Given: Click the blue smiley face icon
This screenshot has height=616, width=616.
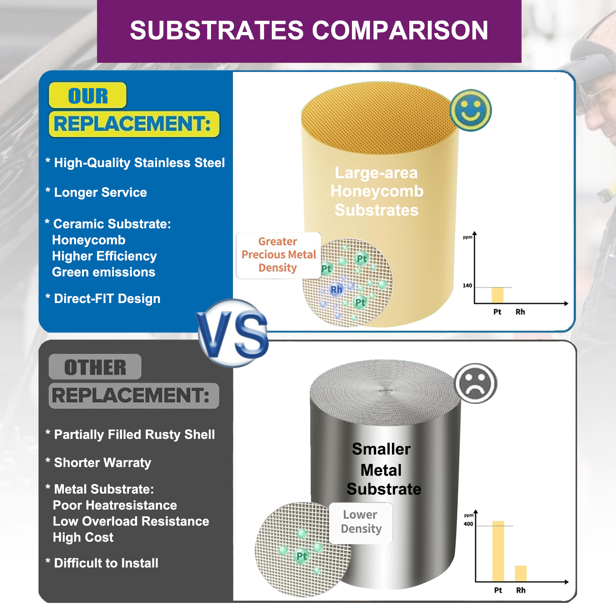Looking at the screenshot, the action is click(470, 110).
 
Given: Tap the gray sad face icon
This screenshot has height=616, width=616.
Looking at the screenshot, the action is click(476, 383).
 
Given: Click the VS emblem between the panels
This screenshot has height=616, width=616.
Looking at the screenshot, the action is click(233, 333).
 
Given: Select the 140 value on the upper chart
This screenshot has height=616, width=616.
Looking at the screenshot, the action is click(467, 286).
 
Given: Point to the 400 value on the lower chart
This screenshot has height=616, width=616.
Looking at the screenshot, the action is click(468, 524).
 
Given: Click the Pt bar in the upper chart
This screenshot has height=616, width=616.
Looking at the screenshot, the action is click(497, 295).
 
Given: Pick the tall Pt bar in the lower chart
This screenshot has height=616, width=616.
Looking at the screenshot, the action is click(498, 551).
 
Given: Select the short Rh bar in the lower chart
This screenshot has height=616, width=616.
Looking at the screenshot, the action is click(521, 574).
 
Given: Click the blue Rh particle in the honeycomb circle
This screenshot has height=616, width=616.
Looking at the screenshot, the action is click(336, 289).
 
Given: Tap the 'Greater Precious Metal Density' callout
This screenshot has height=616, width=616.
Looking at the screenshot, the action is click(278, 255).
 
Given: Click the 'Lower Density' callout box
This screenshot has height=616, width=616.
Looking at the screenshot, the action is click(361, 522).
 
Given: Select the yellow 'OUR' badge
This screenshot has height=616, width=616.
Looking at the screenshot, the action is click(88, 95).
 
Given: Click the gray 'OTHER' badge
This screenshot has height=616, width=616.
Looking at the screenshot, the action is click(95, 367).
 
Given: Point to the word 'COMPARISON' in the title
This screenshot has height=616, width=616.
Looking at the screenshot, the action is click(400, 30).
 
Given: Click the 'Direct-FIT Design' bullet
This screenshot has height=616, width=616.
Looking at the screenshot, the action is click(103, 298).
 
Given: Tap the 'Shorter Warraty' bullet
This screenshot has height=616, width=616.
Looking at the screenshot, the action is click(98, 462).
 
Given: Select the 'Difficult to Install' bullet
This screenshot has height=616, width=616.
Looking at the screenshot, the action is click(102, 563).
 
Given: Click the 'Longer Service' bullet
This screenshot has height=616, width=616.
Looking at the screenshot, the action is click(96, 192).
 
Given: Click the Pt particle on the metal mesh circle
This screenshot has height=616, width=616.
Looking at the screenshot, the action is click(301, 556).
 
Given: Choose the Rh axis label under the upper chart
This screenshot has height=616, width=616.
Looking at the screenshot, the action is click(520, 312).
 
